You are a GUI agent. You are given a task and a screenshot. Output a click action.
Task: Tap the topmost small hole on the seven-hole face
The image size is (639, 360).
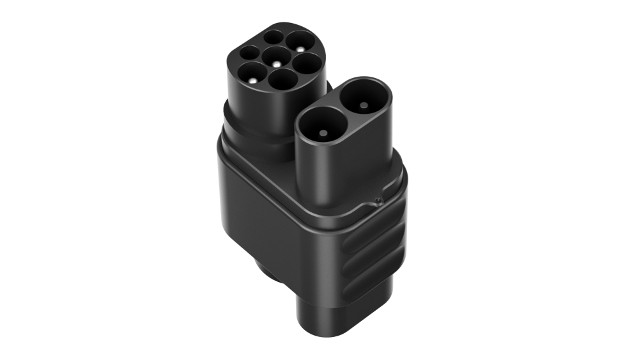tap(273, 38)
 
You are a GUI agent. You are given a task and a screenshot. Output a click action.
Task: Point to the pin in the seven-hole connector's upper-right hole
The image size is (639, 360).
tap(299, 46)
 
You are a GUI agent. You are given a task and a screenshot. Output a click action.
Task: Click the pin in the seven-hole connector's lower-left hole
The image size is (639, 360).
tap(254, 81)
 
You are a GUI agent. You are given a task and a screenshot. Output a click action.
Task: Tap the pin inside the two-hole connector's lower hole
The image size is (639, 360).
tap(323, 133)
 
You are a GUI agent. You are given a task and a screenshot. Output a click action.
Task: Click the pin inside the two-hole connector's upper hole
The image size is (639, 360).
tap(364, 105)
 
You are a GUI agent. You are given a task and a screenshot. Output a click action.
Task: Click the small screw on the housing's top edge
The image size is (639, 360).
tap(379, 202)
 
